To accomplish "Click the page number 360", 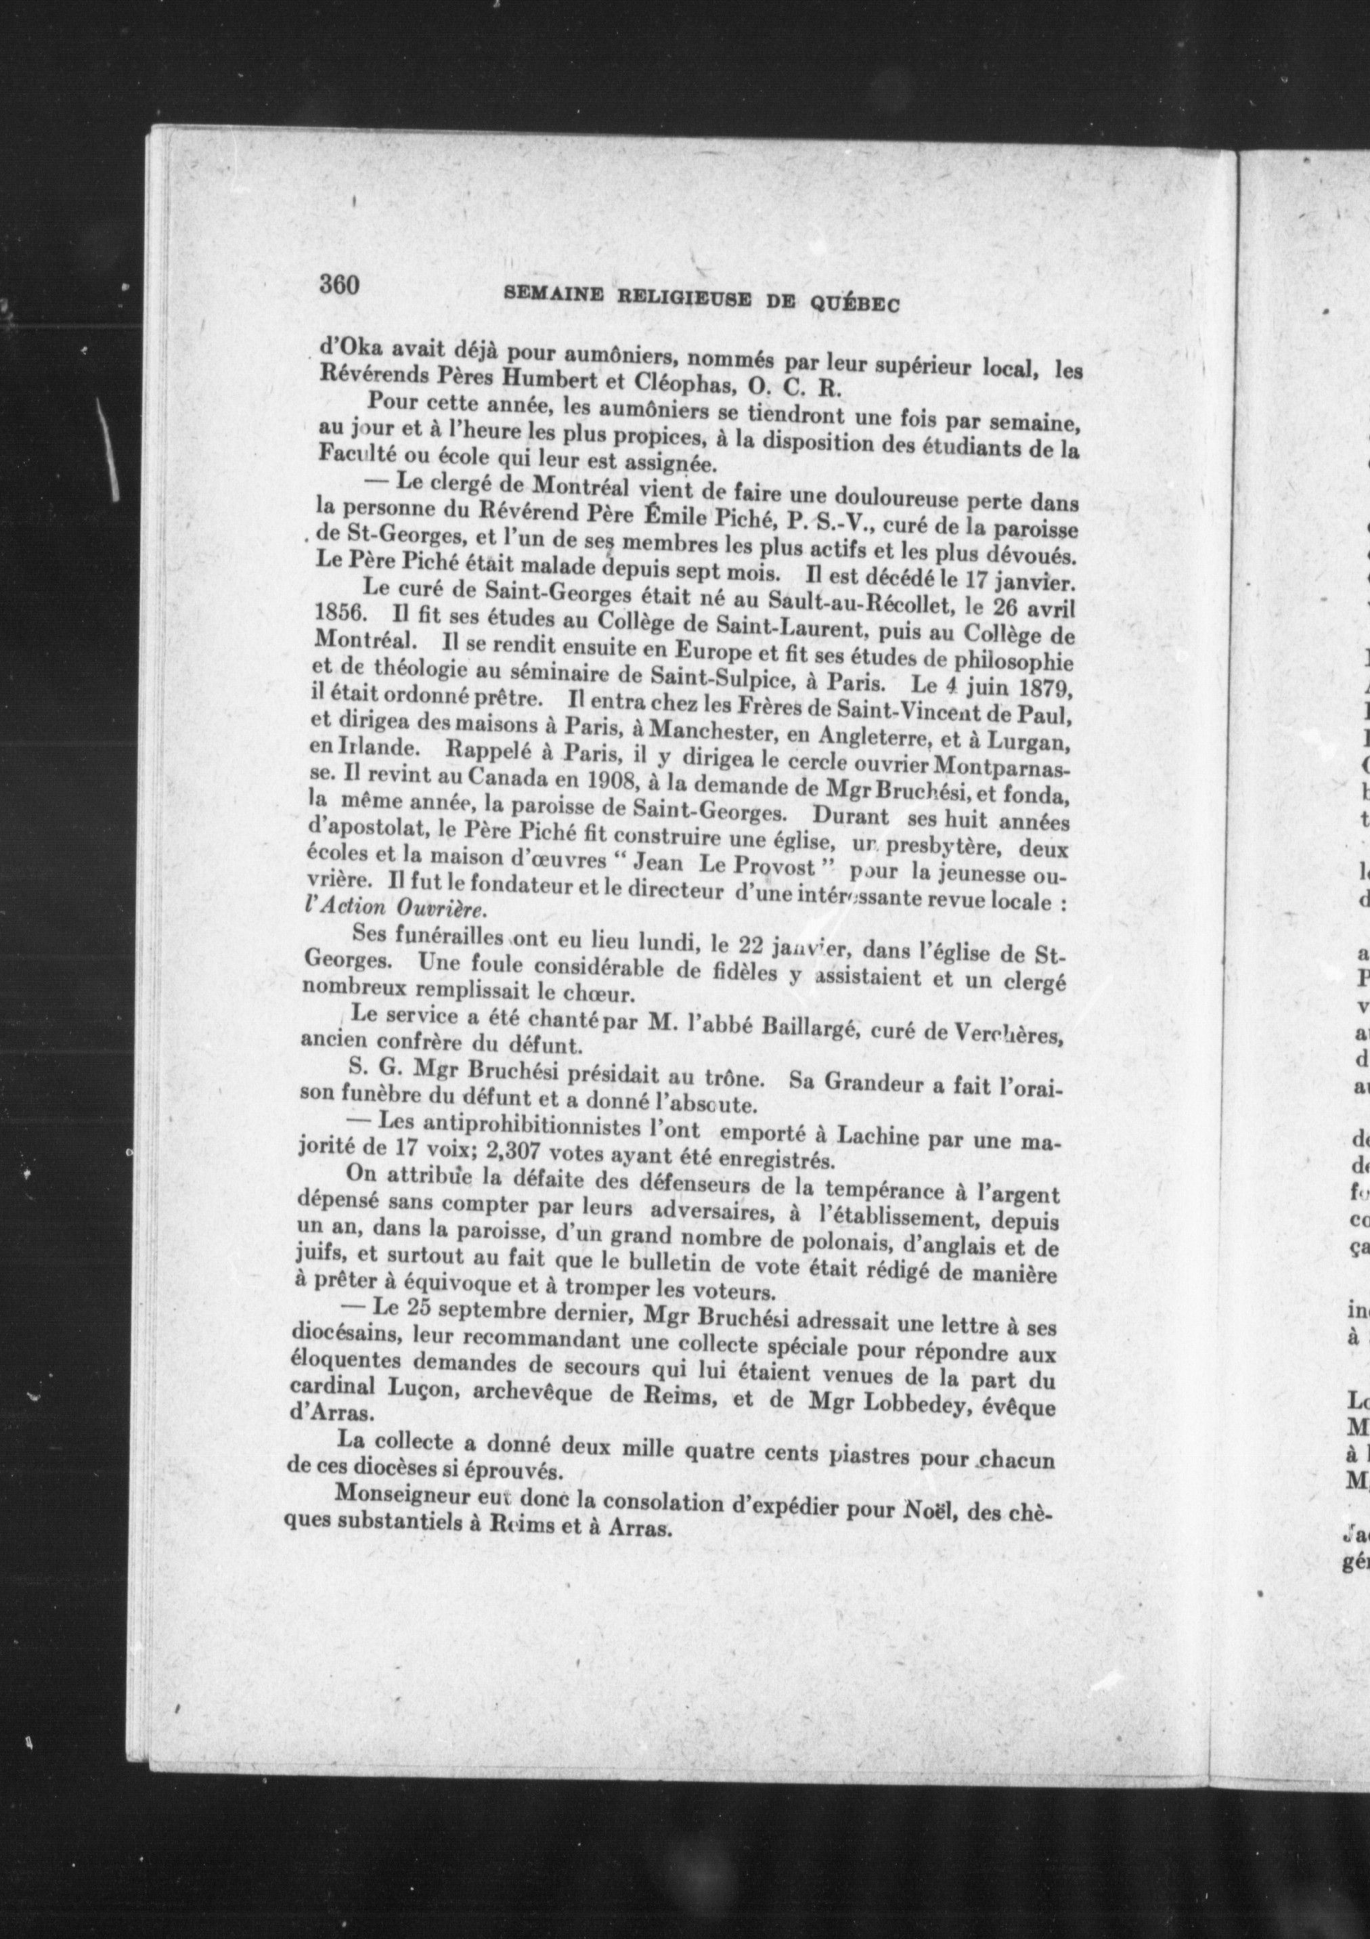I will (x=339, y=284).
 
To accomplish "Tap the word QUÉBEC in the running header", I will (x=854, y=303).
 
